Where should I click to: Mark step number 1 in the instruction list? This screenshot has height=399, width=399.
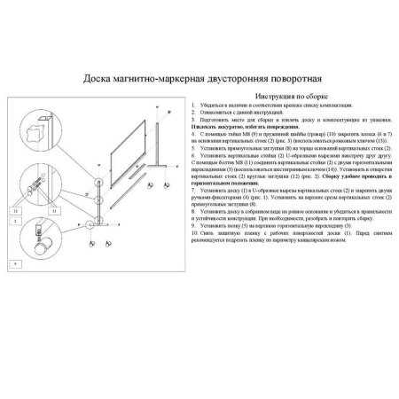[193, 105]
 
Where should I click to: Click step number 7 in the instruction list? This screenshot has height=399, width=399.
[193, 189]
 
